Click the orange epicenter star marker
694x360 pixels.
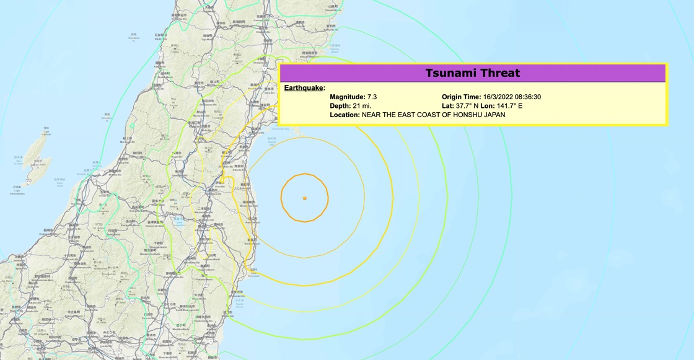pyautogui.click(x=304, y=198)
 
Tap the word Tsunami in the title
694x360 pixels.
pyautogui.click(x=450, y=73)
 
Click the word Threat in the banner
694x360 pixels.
pyautogui.click(x=498, y=73)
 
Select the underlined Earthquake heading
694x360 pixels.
pyautogui.click(x=304, y=88)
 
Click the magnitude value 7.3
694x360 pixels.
pyautogui.click(x=372, y=97)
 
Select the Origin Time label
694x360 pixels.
pyautogui.click(x=461, y=97)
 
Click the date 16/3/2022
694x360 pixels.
pyautogui.click(x=500, y=97)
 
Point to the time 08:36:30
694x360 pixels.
pyautogui.click(x=530, y=97)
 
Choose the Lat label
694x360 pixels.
pyautogui.click(x=448, y=106)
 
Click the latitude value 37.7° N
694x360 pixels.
pyautogui.click(x=468, y=106)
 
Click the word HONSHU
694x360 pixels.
pyautogui.click(x=456, y=115)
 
